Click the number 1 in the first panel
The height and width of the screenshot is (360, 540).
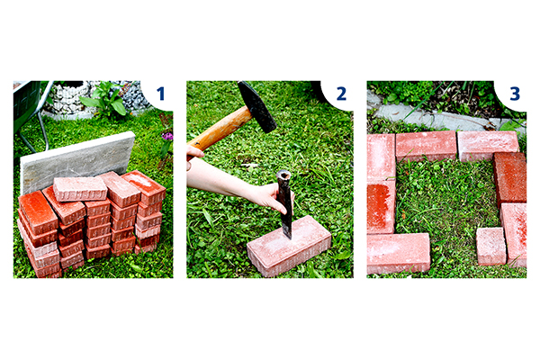[x=161, y=94]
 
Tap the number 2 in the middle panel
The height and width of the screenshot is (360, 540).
[x=341, y=94]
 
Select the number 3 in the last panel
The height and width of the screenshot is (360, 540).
[x=515, y=94]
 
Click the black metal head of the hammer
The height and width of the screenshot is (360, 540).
[x=256, y=106]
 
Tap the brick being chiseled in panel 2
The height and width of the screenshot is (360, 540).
[x=289, y=246]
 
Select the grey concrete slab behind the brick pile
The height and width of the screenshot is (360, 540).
[x=77, y=161]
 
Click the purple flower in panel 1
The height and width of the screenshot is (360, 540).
[x=167, y=137]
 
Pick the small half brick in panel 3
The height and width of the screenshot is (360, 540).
[x=491, y=246]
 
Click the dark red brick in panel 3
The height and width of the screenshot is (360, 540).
[x=510, y=179]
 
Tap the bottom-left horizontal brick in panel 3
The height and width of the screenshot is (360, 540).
[x=399, y=253]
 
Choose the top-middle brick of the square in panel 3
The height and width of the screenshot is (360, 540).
[x=427, y=146]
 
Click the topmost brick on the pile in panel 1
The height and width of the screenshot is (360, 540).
[x=80, y=188]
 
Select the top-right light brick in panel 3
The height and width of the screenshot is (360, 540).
[x=488, y=146]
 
